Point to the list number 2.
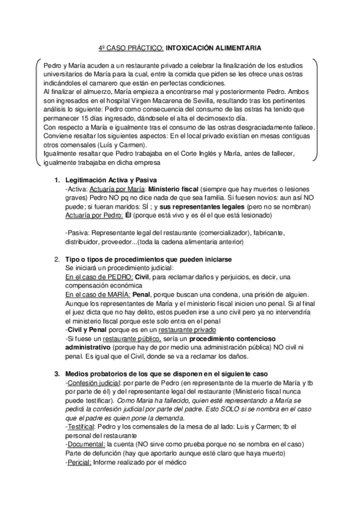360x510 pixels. click(56, 259)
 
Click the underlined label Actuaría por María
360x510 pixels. click(114, 189)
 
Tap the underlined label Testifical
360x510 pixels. click(81, 427)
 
